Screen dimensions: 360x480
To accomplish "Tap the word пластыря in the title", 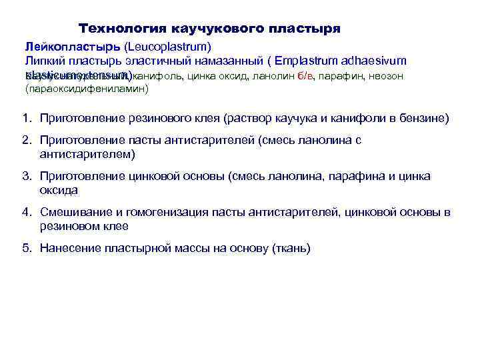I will click(x=303, y=29).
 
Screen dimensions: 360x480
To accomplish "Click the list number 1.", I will click(x=25, y=118).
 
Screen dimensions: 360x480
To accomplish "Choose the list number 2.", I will click(x=25, y=140).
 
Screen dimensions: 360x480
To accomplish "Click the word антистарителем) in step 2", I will click(x=87, y=154).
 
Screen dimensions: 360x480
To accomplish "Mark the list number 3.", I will click(x=25, y=176).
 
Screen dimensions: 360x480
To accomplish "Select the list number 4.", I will click(x=25, y=212).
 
